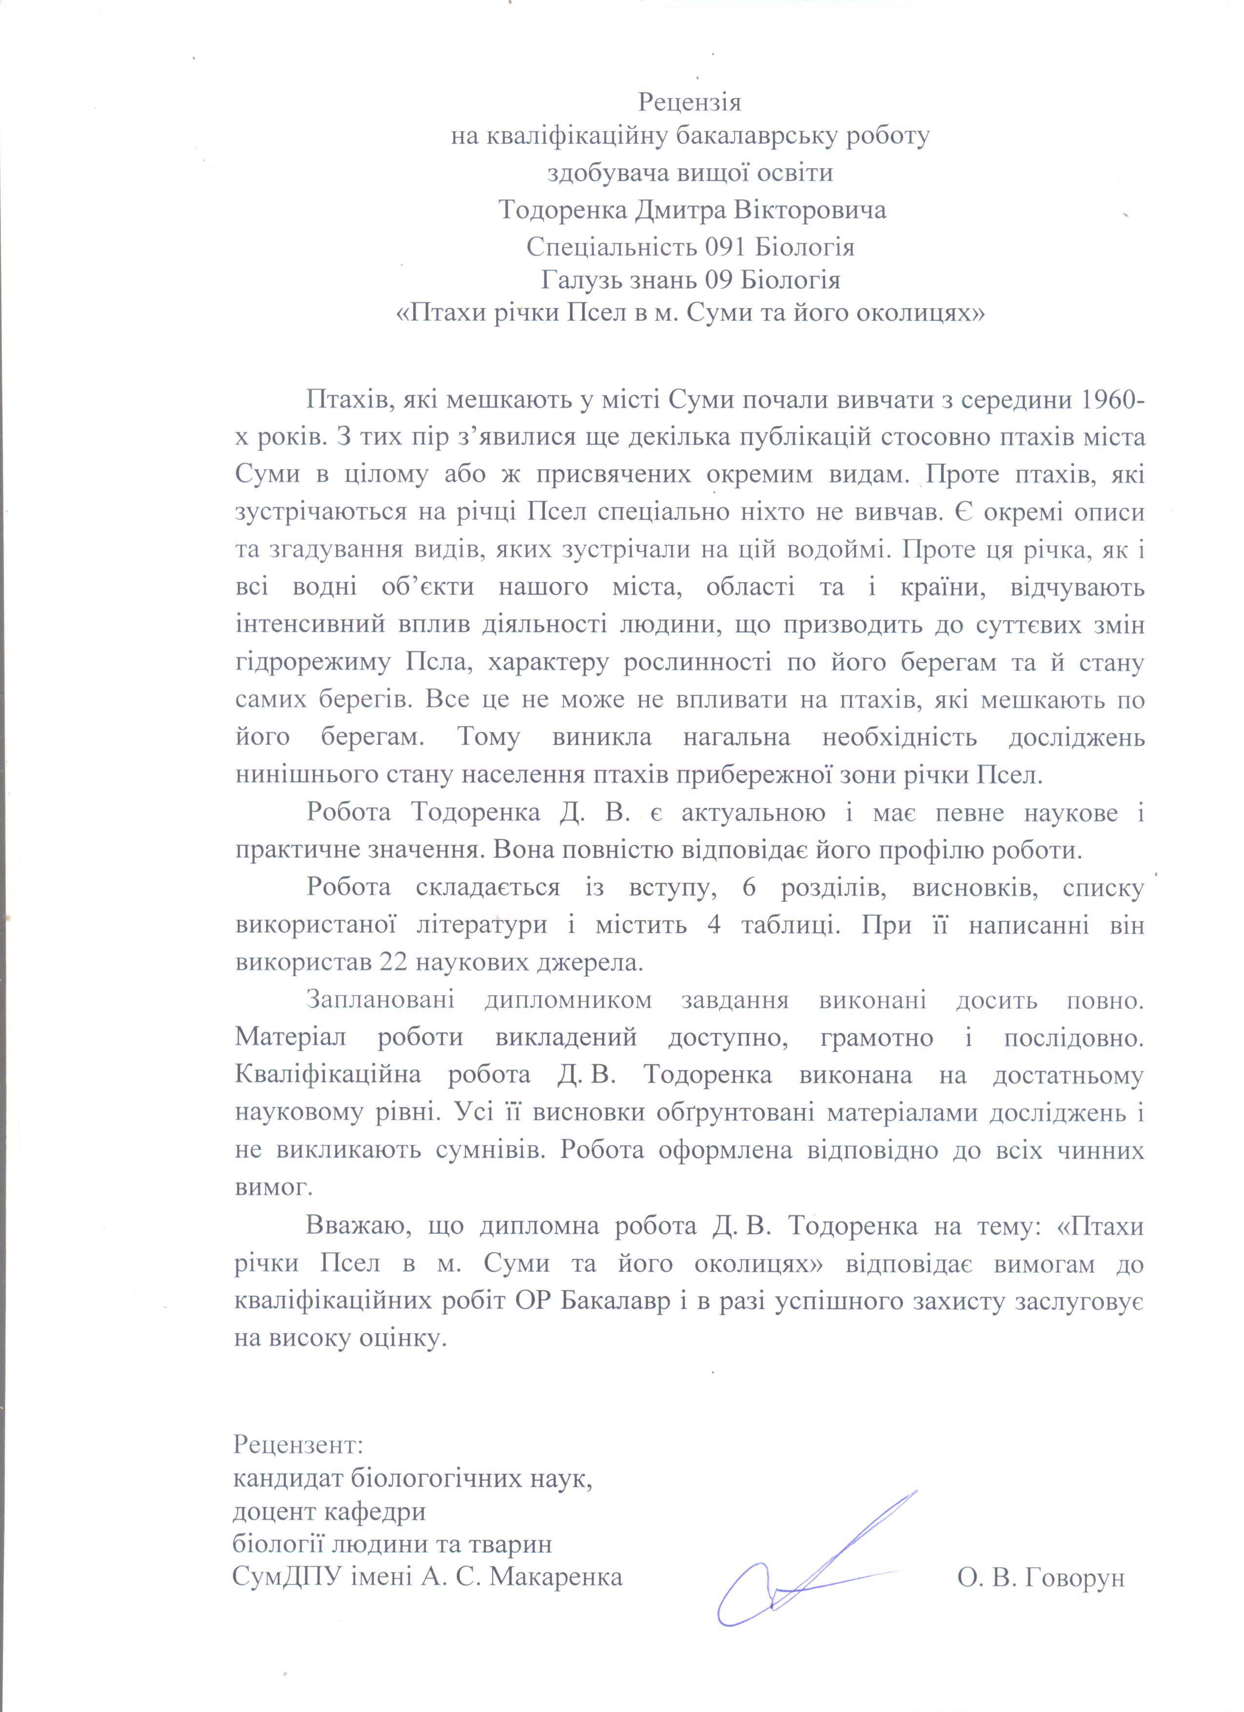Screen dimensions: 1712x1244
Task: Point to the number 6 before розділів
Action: (749, 888)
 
